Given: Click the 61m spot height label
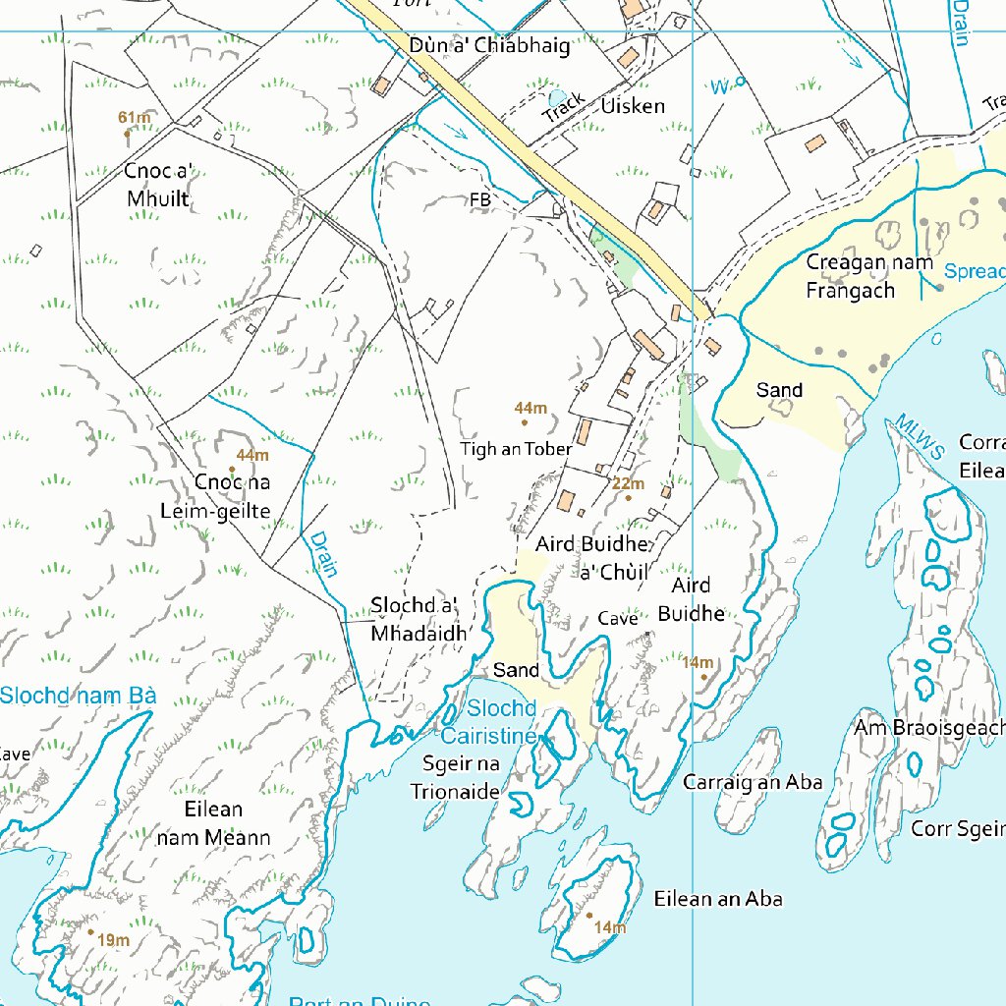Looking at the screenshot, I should [x=135, y=119].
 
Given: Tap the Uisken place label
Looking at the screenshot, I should [x=633, y=106].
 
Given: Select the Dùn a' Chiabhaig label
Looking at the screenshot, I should [x=489, y=46].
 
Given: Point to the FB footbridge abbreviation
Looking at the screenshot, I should [x=479, y=200].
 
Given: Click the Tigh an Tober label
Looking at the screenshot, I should [x=516, y=449].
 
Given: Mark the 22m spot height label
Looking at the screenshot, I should [x=628, y=484].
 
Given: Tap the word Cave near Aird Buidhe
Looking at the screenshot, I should [x=618, y=619].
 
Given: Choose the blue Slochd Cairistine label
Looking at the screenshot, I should [x=502, y=722].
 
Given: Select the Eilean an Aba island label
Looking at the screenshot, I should [x=718, y=899].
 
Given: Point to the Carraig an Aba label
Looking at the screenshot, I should [x=753, y=783].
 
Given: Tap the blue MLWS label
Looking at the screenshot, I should [x=920, y=438].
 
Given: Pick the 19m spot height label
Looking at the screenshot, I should [x=113, y=941].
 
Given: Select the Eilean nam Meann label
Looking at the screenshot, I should [x=213, y=823].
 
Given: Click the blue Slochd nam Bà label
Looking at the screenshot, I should [x=78, y=697].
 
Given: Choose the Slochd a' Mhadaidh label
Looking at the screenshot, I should [x=419, y=619].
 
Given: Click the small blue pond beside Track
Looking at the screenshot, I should [x=557, y=96].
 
